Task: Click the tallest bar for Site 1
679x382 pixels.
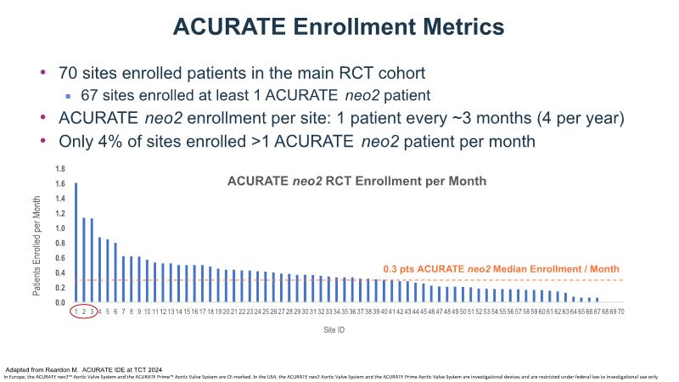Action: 76,243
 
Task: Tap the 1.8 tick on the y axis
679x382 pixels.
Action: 60,169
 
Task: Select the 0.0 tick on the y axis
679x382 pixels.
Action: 60,302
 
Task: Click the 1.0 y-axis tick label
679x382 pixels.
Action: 60,228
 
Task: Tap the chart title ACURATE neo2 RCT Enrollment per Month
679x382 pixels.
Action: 356,181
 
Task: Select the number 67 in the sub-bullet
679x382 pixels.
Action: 93,95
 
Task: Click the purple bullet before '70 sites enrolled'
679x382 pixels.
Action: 44,73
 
